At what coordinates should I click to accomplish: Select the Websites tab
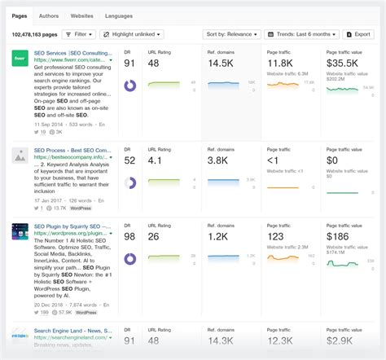click(x=81, y=15)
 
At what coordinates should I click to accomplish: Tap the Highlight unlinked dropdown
click(x=131, y=35)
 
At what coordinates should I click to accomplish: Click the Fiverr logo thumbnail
click(x=20, y=59)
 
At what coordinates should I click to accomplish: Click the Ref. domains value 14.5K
click(x=226, y=63)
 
